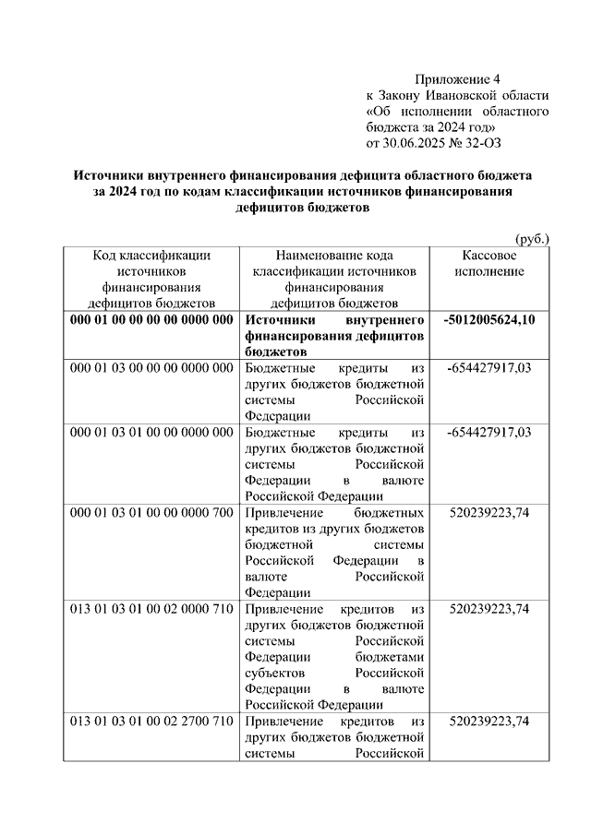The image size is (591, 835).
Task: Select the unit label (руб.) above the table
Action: coord(530,239)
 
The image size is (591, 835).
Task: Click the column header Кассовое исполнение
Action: coord(495,263)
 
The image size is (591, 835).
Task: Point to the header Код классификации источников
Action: coord(152,263)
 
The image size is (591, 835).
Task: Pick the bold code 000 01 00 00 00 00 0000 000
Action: coord(151,319)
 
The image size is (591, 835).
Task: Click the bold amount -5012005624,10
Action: coord(488,319)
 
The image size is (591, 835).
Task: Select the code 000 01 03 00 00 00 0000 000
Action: coord(151,368)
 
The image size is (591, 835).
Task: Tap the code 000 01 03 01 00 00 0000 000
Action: coord(151,433)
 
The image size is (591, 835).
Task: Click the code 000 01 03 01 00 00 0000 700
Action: coord(151,513)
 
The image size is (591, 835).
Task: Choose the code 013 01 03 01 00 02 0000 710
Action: coord(151,610)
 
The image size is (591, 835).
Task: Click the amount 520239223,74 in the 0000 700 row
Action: coord(489,513)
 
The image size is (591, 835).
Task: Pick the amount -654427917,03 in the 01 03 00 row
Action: coord(489,368)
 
